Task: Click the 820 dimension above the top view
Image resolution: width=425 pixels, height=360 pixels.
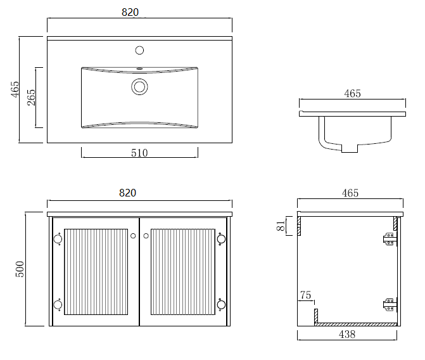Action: [130, 12]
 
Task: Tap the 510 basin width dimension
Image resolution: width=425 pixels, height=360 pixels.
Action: [139, 153]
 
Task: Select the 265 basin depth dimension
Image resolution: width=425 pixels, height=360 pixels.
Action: [31, 98]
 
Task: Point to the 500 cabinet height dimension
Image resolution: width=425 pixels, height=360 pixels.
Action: [20, 269]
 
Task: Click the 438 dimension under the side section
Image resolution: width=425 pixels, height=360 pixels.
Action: [347, 334]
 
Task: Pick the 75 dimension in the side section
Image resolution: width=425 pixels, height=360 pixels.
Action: [305, 295]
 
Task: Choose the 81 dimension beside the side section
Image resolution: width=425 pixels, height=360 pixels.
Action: [281, 226]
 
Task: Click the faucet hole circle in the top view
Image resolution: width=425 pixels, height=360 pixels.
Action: [139, 50]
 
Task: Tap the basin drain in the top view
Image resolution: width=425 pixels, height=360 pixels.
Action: [139, 87]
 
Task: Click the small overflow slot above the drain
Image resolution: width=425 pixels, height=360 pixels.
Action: [139, 68]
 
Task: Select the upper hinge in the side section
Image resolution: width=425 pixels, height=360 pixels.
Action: [390, 239]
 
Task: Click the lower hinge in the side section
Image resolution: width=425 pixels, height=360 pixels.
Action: [390, 305]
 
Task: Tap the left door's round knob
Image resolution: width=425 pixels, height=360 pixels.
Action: [133, 236]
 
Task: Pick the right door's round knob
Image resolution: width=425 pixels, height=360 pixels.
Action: [146, 236]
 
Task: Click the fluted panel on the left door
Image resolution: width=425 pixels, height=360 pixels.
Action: [96, 272]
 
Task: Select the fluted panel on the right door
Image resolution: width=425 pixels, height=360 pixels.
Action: [182, 272]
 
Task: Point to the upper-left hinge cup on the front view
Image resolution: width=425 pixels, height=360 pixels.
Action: [58, 239]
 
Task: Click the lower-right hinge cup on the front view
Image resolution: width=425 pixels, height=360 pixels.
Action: [221, 305]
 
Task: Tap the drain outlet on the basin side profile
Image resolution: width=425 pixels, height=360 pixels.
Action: [350, 148]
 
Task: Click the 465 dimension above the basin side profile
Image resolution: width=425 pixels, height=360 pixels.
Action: [352, 94]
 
